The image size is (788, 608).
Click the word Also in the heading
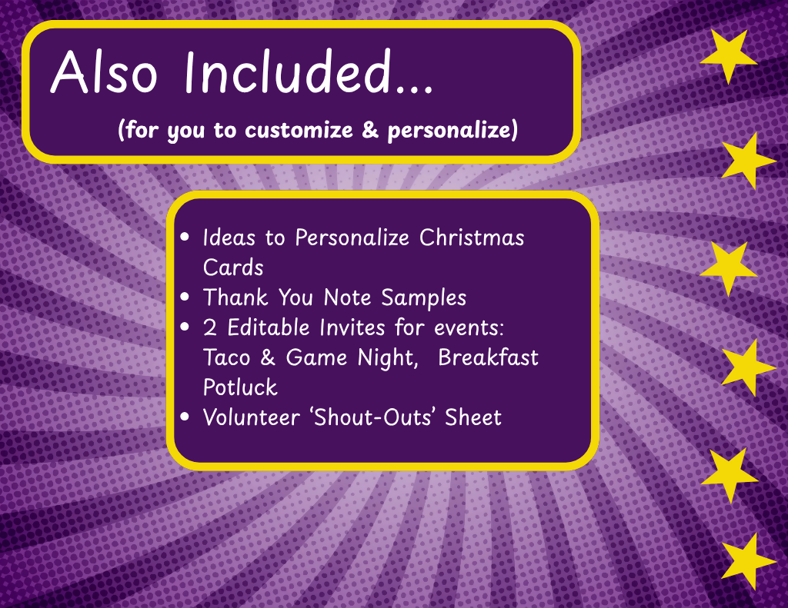click(104, 72)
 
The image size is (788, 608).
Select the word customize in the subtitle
click(299, 130)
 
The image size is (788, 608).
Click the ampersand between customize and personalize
click(370, 130)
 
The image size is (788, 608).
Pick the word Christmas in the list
click(472, 238)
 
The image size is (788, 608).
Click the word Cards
click(233, 267)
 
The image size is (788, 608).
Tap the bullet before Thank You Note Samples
click(185, 297)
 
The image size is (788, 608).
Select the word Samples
click(424, 298)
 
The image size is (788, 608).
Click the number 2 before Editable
click(209, 327)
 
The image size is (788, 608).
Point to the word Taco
click(227, 357)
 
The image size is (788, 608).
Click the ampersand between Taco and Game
click(268, 357)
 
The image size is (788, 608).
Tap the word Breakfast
click(488, 357)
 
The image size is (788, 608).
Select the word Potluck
click(240, 387)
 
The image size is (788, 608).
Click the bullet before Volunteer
click(185, 417)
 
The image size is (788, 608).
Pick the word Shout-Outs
click(372, 417)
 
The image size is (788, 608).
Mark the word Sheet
click(473, 417)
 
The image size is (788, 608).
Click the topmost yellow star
click(729, 55)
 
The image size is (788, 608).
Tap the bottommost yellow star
click(748, 561)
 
